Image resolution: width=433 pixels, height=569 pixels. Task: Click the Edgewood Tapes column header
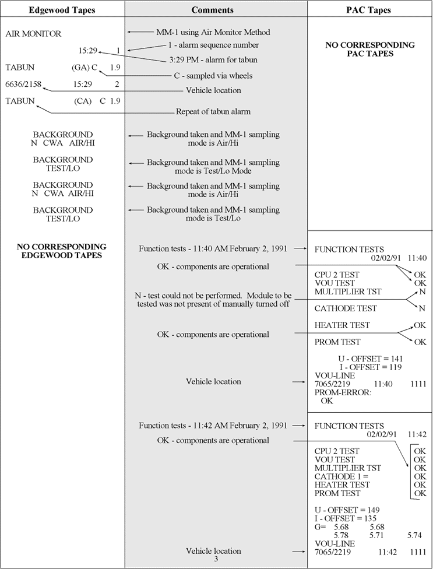[62, 10]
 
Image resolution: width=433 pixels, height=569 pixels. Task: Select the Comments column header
[213, 10]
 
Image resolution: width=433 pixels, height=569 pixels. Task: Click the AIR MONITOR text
[33, 34]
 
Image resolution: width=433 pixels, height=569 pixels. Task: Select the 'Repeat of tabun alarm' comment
[213, 111]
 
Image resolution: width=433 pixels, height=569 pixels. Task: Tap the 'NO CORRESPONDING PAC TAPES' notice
[370, 49]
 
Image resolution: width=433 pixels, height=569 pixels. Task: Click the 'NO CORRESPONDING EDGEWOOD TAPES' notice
[62, 251]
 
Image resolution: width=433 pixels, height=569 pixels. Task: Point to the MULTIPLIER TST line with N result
[348, 291]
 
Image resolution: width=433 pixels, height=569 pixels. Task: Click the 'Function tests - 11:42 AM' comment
[213, 426]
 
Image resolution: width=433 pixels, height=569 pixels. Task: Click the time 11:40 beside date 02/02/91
[417, 257]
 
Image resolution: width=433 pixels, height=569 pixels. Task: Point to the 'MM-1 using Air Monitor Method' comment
[213, 32]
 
